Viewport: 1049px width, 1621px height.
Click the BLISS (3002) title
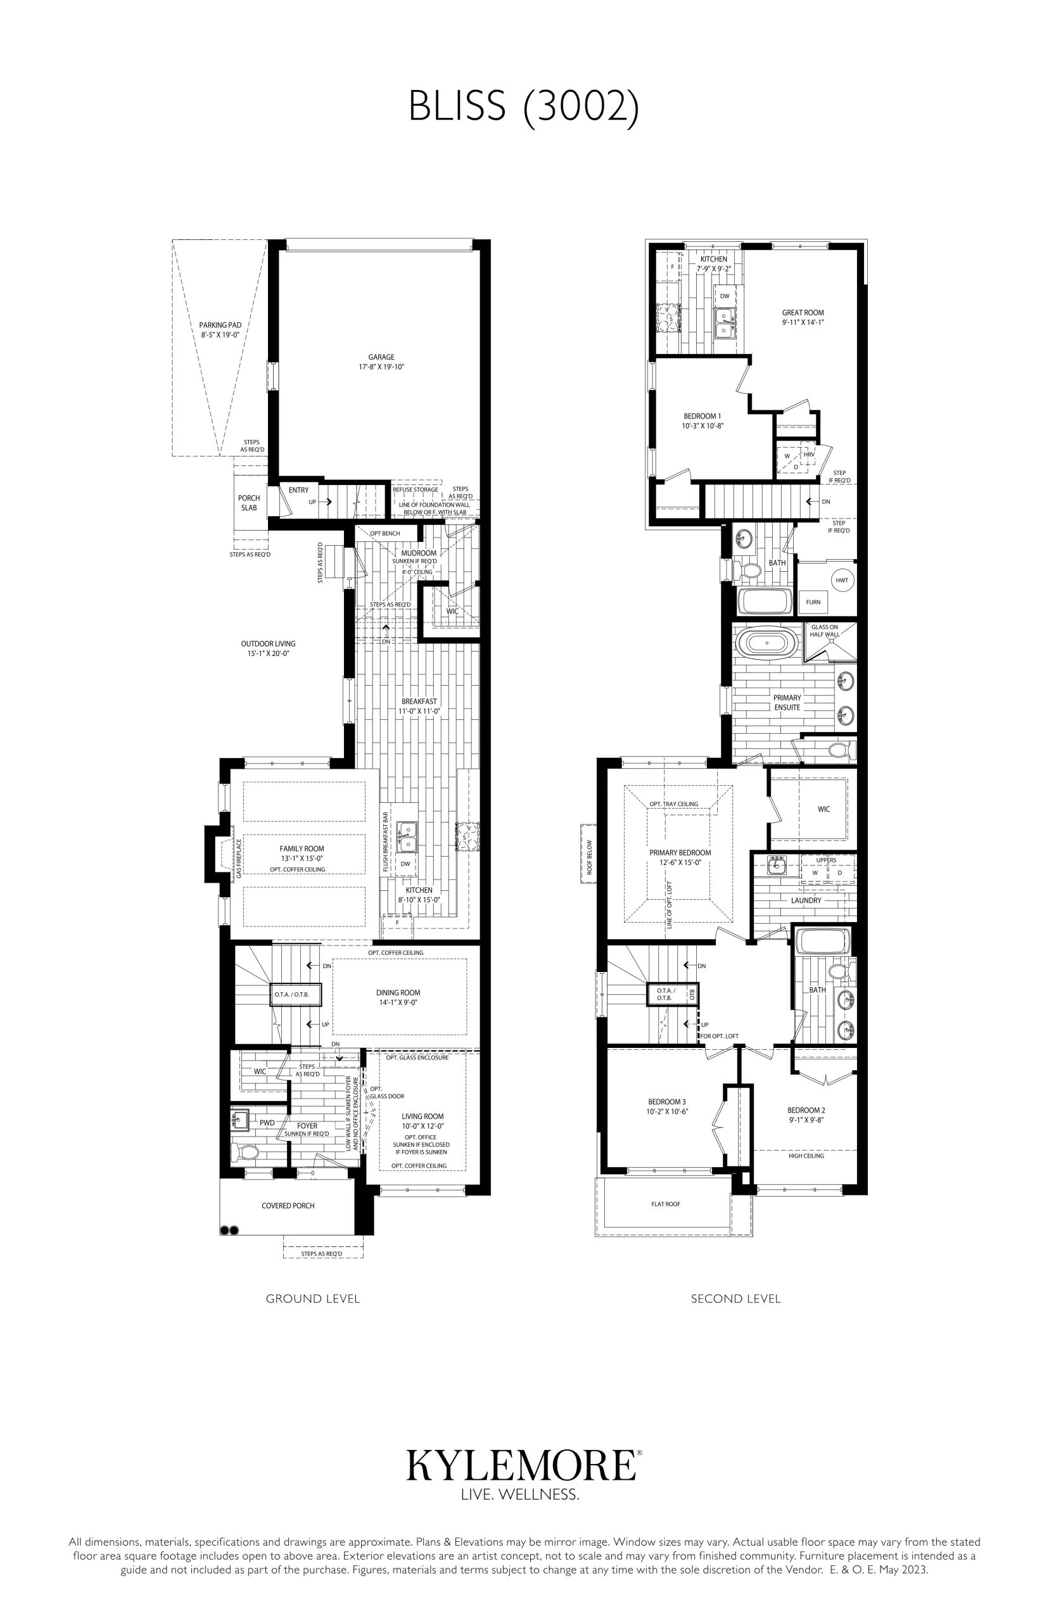(524, 106)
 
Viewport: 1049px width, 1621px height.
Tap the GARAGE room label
(381, 356)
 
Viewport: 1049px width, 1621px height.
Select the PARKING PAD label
(220, 325)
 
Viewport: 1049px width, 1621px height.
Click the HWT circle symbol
(842, 580)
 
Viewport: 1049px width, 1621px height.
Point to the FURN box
(813, 602)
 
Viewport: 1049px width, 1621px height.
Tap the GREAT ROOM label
(803, 313)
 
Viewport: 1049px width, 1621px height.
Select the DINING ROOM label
(398, 993)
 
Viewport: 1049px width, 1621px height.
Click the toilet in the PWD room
(245, 1152)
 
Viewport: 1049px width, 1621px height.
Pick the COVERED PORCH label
(288, 1206)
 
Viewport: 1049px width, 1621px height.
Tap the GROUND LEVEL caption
(313, 1298)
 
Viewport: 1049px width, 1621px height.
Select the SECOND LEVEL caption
(735, 1298)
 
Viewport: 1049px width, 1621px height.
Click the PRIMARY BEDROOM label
(680, 852)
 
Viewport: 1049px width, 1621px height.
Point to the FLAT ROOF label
(666, 1204)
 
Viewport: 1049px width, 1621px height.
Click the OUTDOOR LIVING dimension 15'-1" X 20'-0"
(269, 653)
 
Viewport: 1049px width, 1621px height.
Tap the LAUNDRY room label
(806, 900)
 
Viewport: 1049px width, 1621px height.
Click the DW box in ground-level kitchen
(406, 863)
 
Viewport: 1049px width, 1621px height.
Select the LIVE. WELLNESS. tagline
(521, 1495)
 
